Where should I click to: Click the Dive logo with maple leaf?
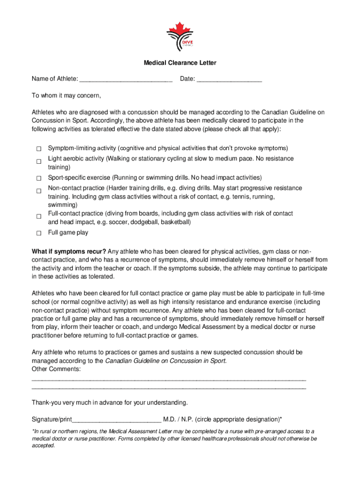[x=180, y=36]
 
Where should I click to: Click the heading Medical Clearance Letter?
[x=180, y=63]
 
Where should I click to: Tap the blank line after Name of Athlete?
[x=126, y=80]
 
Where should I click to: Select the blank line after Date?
[x=229, y=80]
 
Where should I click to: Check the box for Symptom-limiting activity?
[x=39, y=149]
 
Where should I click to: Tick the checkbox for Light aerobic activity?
[x=39, y=162]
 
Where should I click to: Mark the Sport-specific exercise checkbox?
[x=39, y=178]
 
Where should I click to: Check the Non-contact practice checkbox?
[x=39, y=191]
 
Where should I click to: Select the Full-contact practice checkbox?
[x=39, y=217]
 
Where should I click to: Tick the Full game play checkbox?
[x=39, y=233]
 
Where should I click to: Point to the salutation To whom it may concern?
[x=66, y=96]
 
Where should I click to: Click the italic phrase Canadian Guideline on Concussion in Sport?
[x=166, y=361]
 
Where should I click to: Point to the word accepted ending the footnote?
[x=43, y=446]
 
